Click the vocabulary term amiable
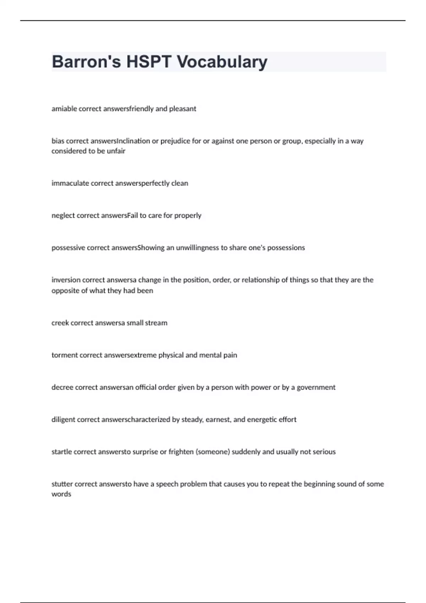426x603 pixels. [64, 109]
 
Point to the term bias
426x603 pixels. [58, 141]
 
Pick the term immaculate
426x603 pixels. [70, 183]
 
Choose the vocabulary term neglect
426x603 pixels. [63, 215]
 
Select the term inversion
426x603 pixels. [66, 280]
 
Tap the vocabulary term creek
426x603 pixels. [60, 323]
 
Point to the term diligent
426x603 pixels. [63, 420]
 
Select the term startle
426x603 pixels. [61, 452]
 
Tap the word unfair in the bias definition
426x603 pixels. [116, 151]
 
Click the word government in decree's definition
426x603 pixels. [316, 387]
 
